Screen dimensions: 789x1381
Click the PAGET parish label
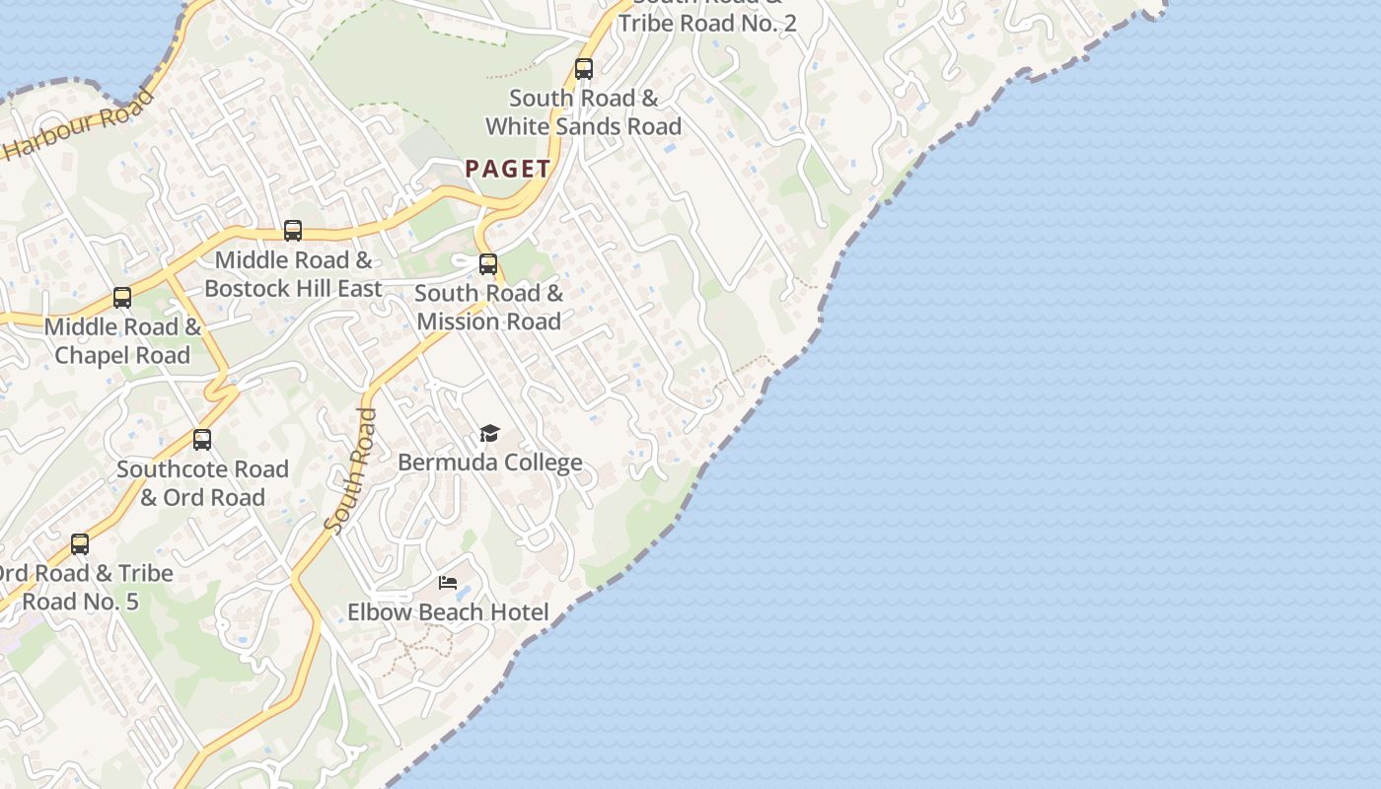coord(508,169)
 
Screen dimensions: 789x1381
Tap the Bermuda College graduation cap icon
coord(489,434)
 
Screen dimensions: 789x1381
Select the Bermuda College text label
coord(489,463)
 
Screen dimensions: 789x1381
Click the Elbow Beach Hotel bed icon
coord(448,583)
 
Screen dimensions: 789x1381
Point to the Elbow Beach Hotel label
coord(448,612)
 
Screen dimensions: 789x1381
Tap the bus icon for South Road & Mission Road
coord(488,264)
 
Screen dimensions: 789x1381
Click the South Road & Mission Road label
coord(488,307)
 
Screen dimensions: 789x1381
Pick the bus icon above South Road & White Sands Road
coord(584,69)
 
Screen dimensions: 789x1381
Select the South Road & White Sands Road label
coord(584,112)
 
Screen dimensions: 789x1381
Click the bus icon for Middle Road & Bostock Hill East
coord(293,231)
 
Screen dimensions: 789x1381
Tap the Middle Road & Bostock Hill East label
coord(293,274)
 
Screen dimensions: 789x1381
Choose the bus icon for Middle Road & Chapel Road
coord(122,298)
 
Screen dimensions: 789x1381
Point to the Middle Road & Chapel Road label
coord(122,341)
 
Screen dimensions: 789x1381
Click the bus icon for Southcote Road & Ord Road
coord(202,440)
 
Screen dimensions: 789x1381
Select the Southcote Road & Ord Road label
coord(202,483)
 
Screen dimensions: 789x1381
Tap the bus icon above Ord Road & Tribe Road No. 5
coord(80,544)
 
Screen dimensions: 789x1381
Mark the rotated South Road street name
coord(351,471)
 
